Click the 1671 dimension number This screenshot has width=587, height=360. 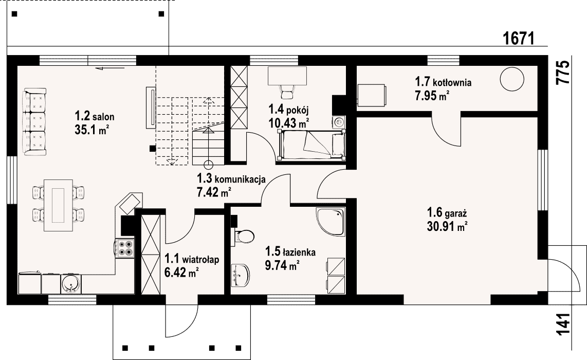pyautogui.click(x=518, y=38)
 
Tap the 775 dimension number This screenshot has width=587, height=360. pyautogui.click(x=563, y=72)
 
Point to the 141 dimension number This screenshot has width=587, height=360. pyautogui.click(x=563, y=323)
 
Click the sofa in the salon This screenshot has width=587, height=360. pyautogui.click(x=34, y=122)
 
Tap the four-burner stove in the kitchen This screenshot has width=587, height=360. pyautogui.click(x=125, y=248)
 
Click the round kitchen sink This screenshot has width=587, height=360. pyautogui.click(x=70, y=284)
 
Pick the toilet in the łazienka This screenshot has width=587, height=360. pyautogui.click(x=243, y=237)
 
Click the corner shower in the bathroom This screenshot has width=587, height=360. pyautogui.click(x=331, y=222)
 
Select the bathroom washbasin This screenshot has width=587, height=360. pyautogui.click(x=241, y=274)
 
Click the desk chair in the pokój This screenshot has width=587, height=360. pyautogui.click(x=287, y=89)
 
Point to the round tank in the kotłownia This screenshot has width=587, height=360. pyautogui.click(x=512, y=79)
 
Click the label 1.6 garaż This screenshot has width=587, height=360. pyautogui.click(x=447, y=213)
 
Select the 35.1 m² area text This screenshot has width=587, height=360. pyautogui.click(x=91, y=130)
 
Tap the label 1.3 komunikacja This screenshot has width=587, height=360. pyautogui.click(x=231, y=178)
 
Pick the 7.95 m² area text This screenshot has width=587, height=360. pyautogui.click(x=432, y=96)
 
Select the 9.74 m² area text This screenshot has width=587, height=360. pyautogui.click(x=282, y=265)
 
